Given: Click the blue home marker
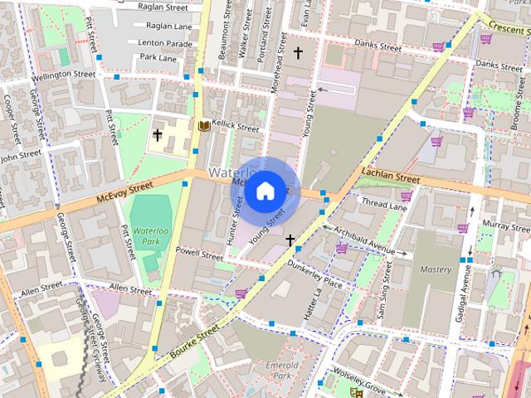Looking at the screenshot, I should pos(265,191).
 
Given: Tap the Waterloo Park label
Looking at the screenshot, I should pos(151,234).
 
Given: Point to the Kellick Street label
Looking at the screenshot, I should pos(236,127).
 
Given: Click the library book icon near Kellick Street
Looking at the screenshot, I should pos(204,126).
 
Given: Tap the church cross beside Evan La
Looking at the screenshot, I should pos(298,53).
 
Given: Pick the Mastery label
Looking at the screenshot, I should pos(436,269).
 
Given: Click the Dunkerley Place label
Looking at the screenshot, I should pos(314,274).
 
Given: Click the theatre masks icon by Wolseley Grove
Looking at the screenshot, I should pos(356,391).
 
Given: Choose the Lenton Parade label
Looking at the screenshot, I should pos(164,42).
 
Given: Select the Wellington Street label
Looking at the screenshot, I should pos(64,75).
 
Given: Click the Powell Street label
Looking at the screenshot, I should pos(200,253).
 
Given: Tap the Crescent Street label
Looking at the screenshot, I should pos(508,26).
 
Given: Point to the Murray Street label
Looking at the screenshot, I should pos(505,225).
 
